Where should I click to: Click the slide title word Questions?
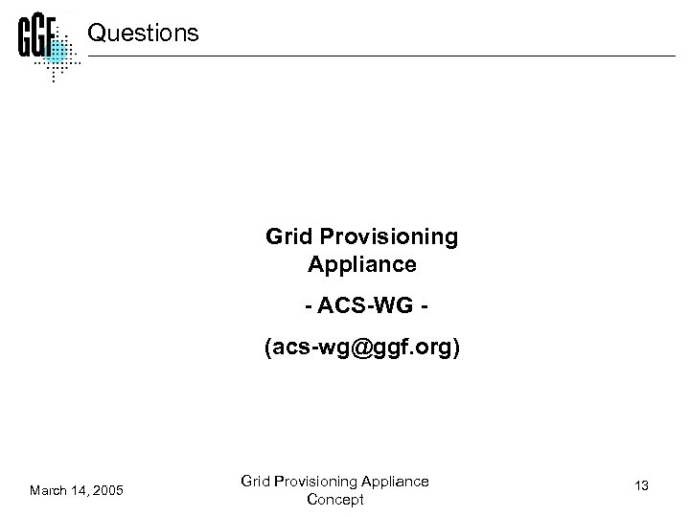(143, 34)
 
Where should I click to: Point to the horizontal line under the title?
(383, 56)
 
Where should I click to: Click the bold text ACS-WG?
(362, 307)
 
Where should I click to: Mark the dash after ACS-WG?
(418, 307)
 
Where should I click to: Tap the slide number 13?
(642, 486)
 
